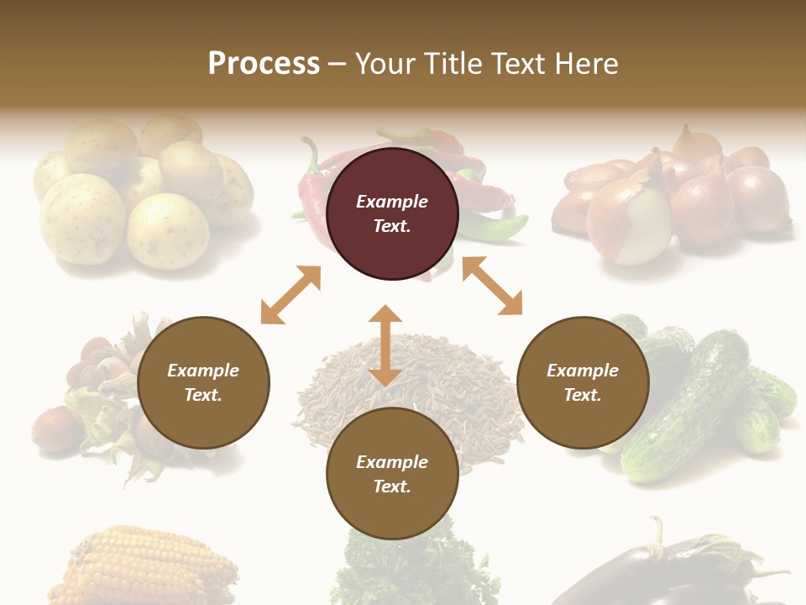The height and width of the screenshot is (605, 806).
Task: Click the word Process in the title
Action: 264,64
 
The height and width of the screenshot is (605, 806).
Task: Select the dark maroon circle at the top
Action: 392,213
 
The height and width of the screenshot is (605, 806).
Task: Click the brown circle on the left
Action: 203,382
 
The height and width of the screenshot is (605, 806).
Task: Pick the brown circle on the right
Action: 583,382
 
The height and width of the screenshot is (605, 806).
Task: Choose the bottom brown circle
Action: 392,474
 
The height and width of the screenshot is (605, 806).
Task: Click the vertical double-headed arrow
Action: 385,345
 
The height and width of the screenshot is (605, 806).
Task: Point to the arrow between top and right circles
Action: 492,286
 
